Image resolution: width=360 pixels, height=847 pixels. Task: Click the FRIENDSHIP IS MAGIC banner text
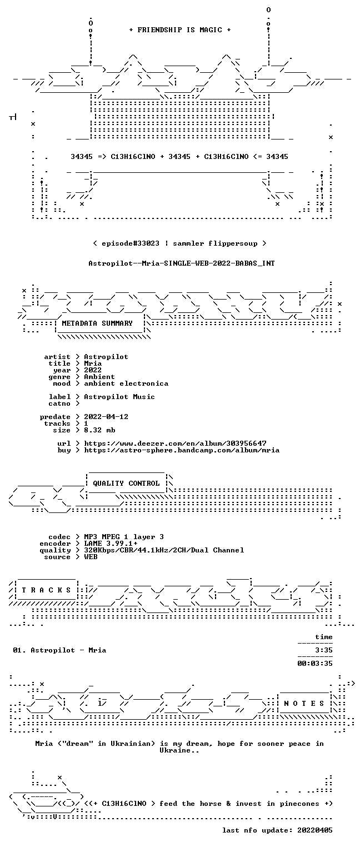pyautogui.click(x=179, y=30)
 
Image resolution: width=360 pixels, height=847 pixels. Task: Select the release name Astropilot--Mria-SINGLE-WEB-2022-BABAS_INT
pyautogui.click(x=182, y=263)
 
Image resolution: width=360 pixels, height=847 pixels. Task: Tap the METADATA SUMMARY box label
pyautogui.click(x=97, y=323)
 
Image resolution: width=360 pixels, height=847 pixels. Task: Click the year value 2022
pyautogui.click(x=93, y=370)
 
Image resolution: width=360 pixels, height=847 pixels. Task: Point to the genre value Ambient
pyautogui.click(x=99, y=377)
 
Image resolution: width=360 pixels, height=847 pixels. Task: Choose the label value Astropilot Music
pyautogui.click(x=119, y=397)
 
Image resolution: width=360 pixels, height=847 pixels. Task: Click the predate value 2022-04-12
pyautogui.click(x=106, y=417)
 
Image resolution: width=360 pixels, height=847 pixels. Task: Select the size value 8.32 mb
pyautogui.click(x=100, y=430)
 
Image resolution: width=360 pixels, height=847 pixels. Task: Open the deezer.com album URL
pyautogui.click(x=175, y=443)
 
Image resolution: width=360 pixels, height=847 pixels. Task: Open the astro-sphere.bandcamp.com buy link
pyautogui.click(x=182, y=450)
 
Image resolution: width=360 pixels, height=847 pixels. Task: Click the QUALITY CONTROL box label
pyautogui.click(x=126, y=483)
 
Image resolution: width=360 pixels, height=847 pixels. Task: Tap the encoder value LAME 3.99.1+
pyautogui.click(x=111, y=544)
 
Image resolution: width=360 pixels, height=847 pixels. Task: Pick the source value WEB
pyautogui.click(x=91, y=556)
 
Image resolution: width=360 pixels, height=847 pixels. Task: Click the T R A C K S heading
pyautogui.click(x=47, y=590)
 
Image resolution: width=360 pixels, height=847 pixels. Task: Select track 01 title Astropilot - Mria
pyautogui.click(x=68, y=650)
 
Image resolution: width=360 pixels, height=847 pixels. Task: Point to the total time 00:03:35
pyautogui.click(x=315, y=663)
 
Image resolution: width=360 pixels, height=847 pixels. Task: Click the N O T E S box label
pyautogui.click(x=304, y=703)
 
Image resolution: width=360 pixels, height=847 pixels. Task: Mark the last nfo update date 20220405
pyautogui.click(x=315, y=830)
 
